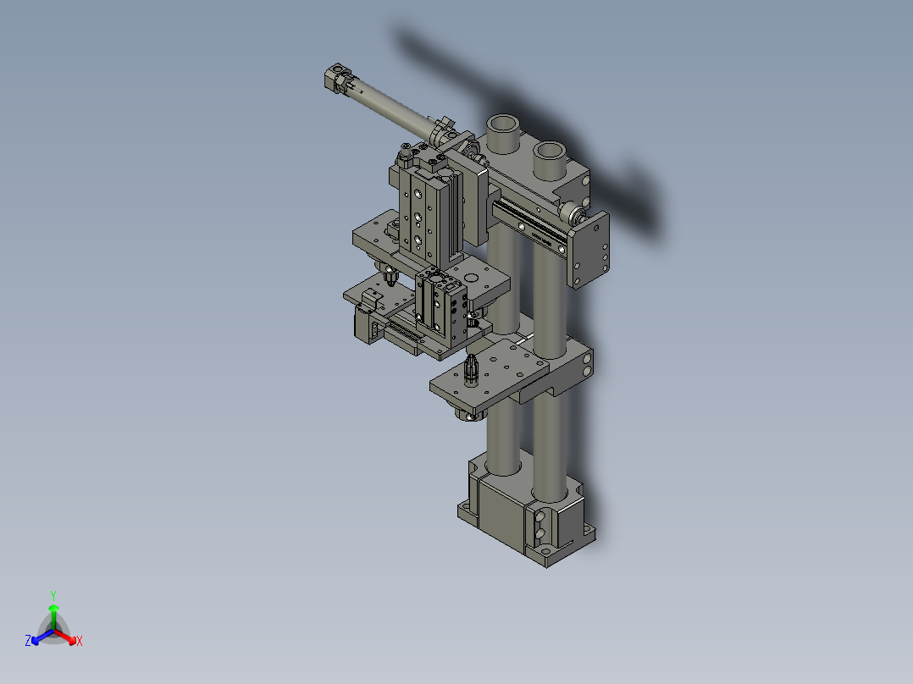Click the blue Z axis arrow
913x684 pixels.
click(34, 639)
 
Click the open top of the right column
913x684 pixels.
click(550, 152)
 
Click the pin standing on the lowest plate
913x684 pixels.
click(472, 369)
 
